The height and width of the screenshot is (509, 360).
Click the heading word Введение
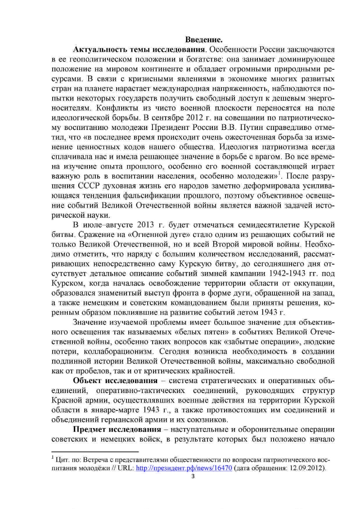(x=202, y=39)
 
